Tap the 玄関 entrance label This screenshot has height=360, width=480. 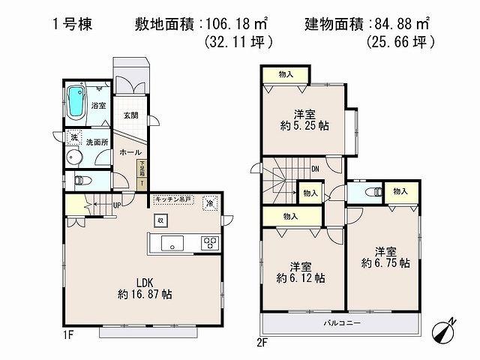point(130,115)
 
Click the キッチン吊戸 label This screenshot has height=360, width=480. point(173,200)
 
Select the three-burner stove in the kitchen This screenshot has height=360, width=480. point(209,242)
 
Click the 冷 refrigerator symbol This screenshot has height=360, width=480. point(211,202)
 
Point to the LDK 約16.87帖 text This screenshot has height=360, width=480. point(145,289)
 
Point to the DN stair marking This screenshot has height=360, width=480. point(315,169)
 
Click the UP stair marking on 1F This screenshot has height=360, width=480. point(117,204)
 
